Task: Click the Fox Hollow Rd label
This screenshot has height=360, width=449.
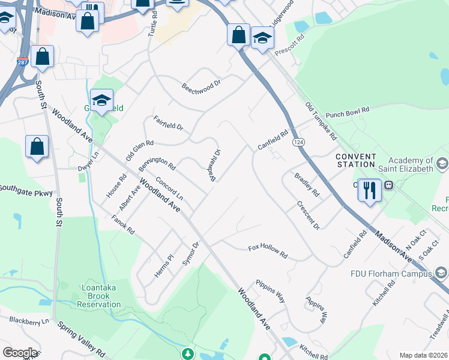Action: [x=268, y=251]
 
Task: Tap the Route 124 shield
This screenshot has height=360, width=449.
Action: [x=298, y=142]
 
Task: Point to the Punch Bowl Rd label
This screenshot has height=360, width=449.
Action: [x=347, y=112]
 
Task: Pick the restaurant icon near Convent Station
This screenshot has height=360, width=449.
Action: [x=369, y=190]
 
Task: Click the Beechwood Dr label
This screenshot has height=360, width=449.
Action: [x=202, y=87]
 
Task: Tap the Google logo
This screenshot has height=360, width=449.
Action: [x=20, y=353]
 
